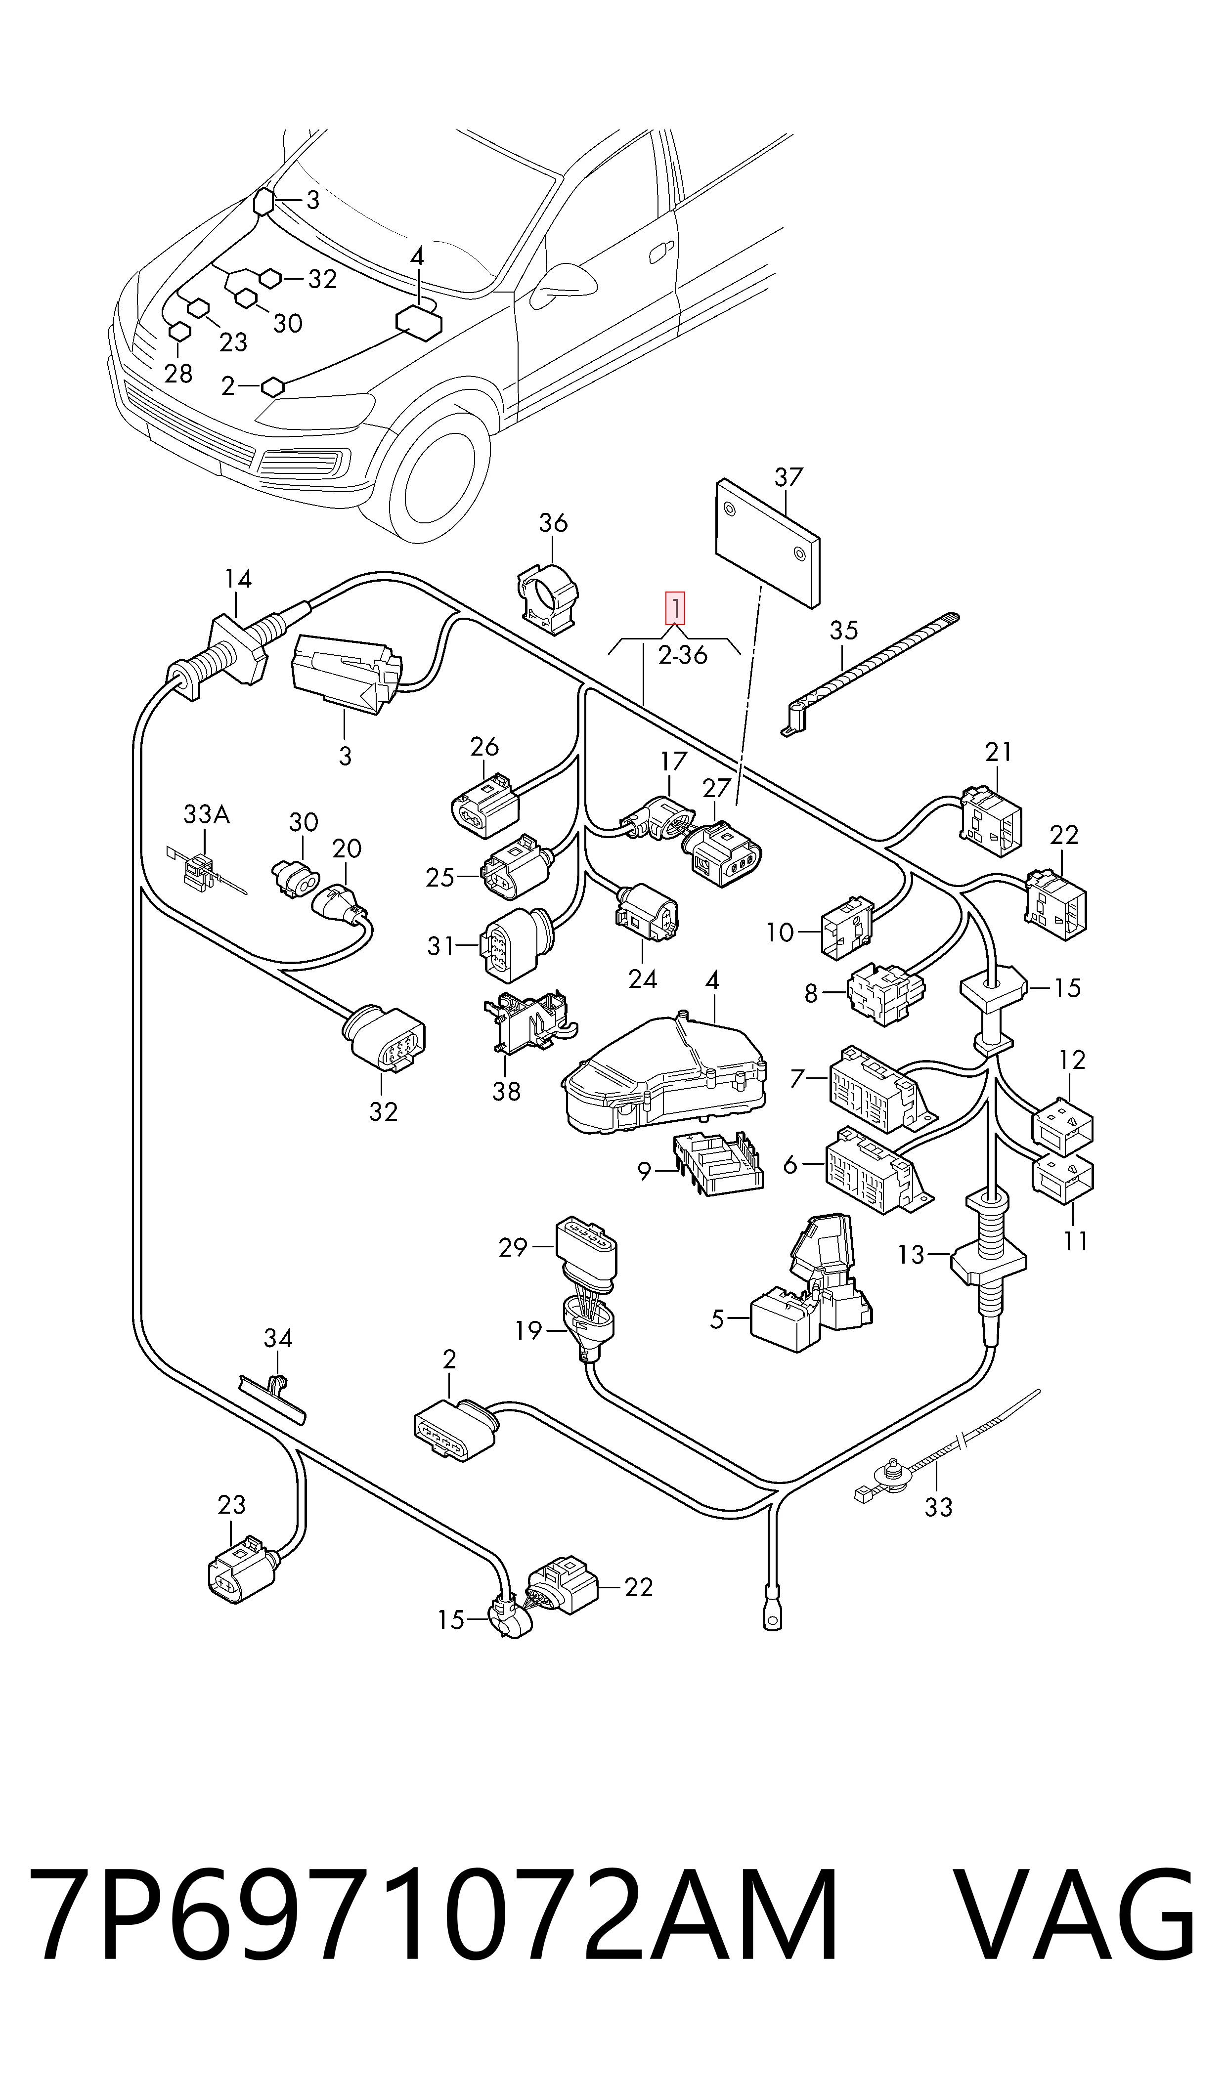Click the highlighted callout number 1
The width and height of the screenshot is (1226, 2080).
click(x=676, y=609)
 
